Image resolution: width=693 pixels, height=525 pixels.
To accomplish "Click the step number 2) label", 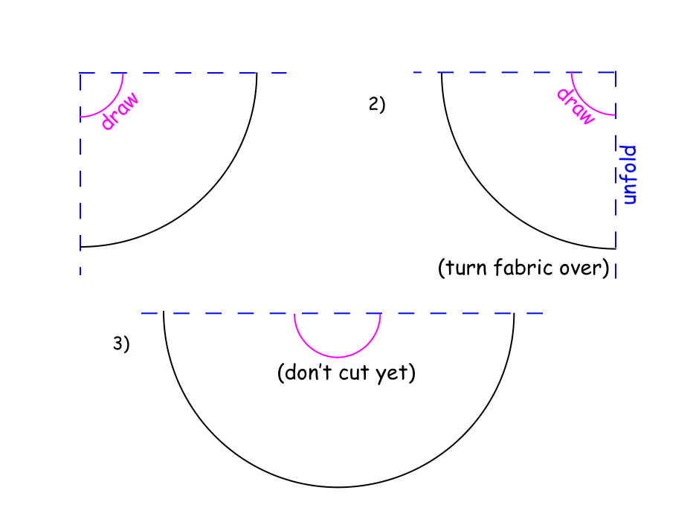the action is click(377, 105).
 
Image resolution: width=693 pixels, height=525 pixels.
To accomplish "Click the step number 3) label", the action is click(121, 344).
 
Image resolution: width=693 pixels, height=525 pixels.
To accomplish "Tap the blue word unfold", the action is click(630, 175).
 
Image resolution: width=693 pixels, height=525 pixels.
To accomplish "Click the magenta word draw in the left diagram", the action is click(119, 112).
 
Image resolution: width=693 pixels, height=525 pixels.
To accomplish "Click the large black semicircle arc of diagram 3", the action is click(338, 487).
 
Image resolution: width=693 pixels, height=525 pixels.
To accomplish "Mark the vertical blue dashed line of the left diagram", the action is click(80, 178).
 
